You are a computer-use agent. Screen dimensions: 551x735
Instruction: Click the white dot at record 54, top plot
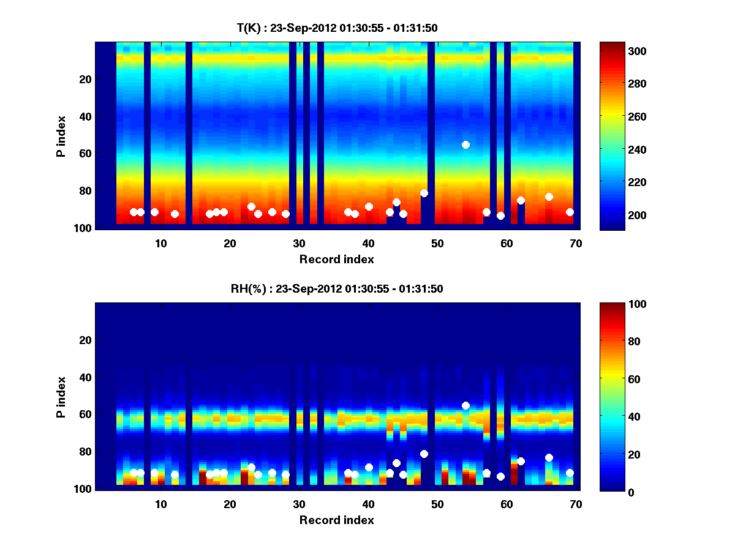click(x=466, y=144)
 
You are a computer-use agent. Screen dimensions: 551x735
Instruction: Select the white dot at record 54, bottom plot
click(x=466, y=405)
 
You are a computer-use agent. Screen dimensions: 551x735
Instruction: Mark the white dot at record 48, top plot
click(x=424, y=193)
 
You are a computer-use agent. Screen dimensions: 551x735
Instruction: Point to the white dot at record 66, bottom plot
click(x=549, y=457)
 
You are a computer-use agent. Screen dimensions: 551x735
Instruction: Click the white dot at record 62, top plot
click(x=521, y=200)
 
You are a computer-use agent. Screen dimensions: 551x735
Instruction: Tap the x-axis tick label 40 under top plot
click(x=369, y=243)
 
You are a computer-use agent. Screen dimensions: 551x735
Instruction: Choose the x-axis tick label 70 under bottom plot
click(x=576, y=504)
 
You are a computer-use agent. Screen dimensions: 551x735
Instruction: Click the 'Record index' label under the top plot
click(x=337, y=259)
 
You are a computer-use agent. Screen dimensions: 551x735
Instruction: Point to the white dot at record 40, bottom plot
click(x=369, y=467)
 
